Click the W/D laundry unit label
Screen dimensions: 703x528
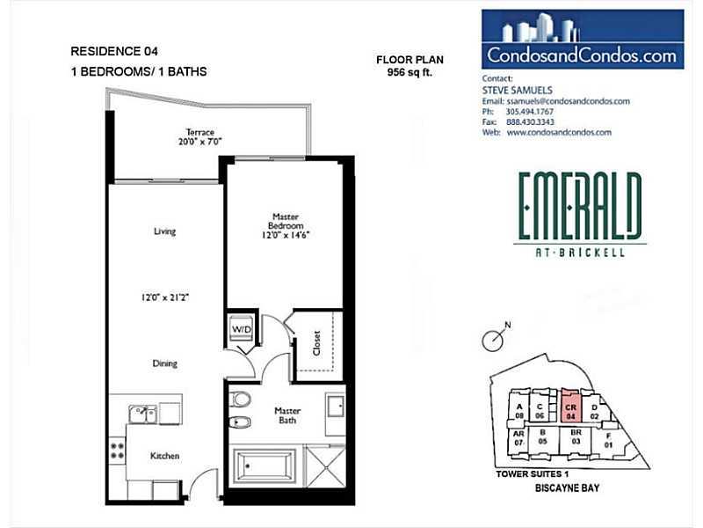tap(242, 329)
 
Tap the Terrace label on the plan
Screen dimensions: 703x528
tap(200, 133)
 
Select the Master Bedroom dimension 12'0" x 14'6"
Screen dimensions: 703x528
tap(286, 235)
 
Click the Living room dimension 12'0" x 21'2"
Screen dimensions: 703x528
tap(164, 297)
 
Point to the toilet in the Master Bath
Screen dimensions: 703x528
tap(240, 400)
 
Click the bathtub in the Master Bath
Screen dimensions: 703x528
tap(265, 466)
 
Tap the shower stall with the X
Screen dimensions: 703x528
tap(324, 466)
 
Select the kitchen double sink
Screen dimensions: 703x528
tap(142, 414)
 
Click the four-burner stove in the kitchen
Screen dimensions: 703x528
tap(118, 451)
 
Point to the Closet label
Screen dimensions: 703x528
tap(317, 343)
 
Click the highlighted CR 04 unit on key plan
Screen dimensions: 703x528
tap(570, 406)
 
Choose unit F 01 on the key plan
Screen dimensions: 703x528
tap(608, 441)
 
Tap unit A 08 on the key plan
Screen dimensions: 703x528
tap(519, 411)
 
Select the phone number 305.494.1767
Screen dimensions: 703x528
tap(530, 112)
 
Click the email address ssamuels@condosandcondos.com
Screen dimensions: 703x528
tap(568, 101)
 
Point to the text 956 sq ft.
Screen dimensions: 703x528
tap(409, 72)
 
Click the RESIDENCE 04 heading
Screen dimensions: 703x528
tap(114, 51)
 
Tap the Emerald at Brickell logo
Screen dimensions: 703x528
tap(580, 214)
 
